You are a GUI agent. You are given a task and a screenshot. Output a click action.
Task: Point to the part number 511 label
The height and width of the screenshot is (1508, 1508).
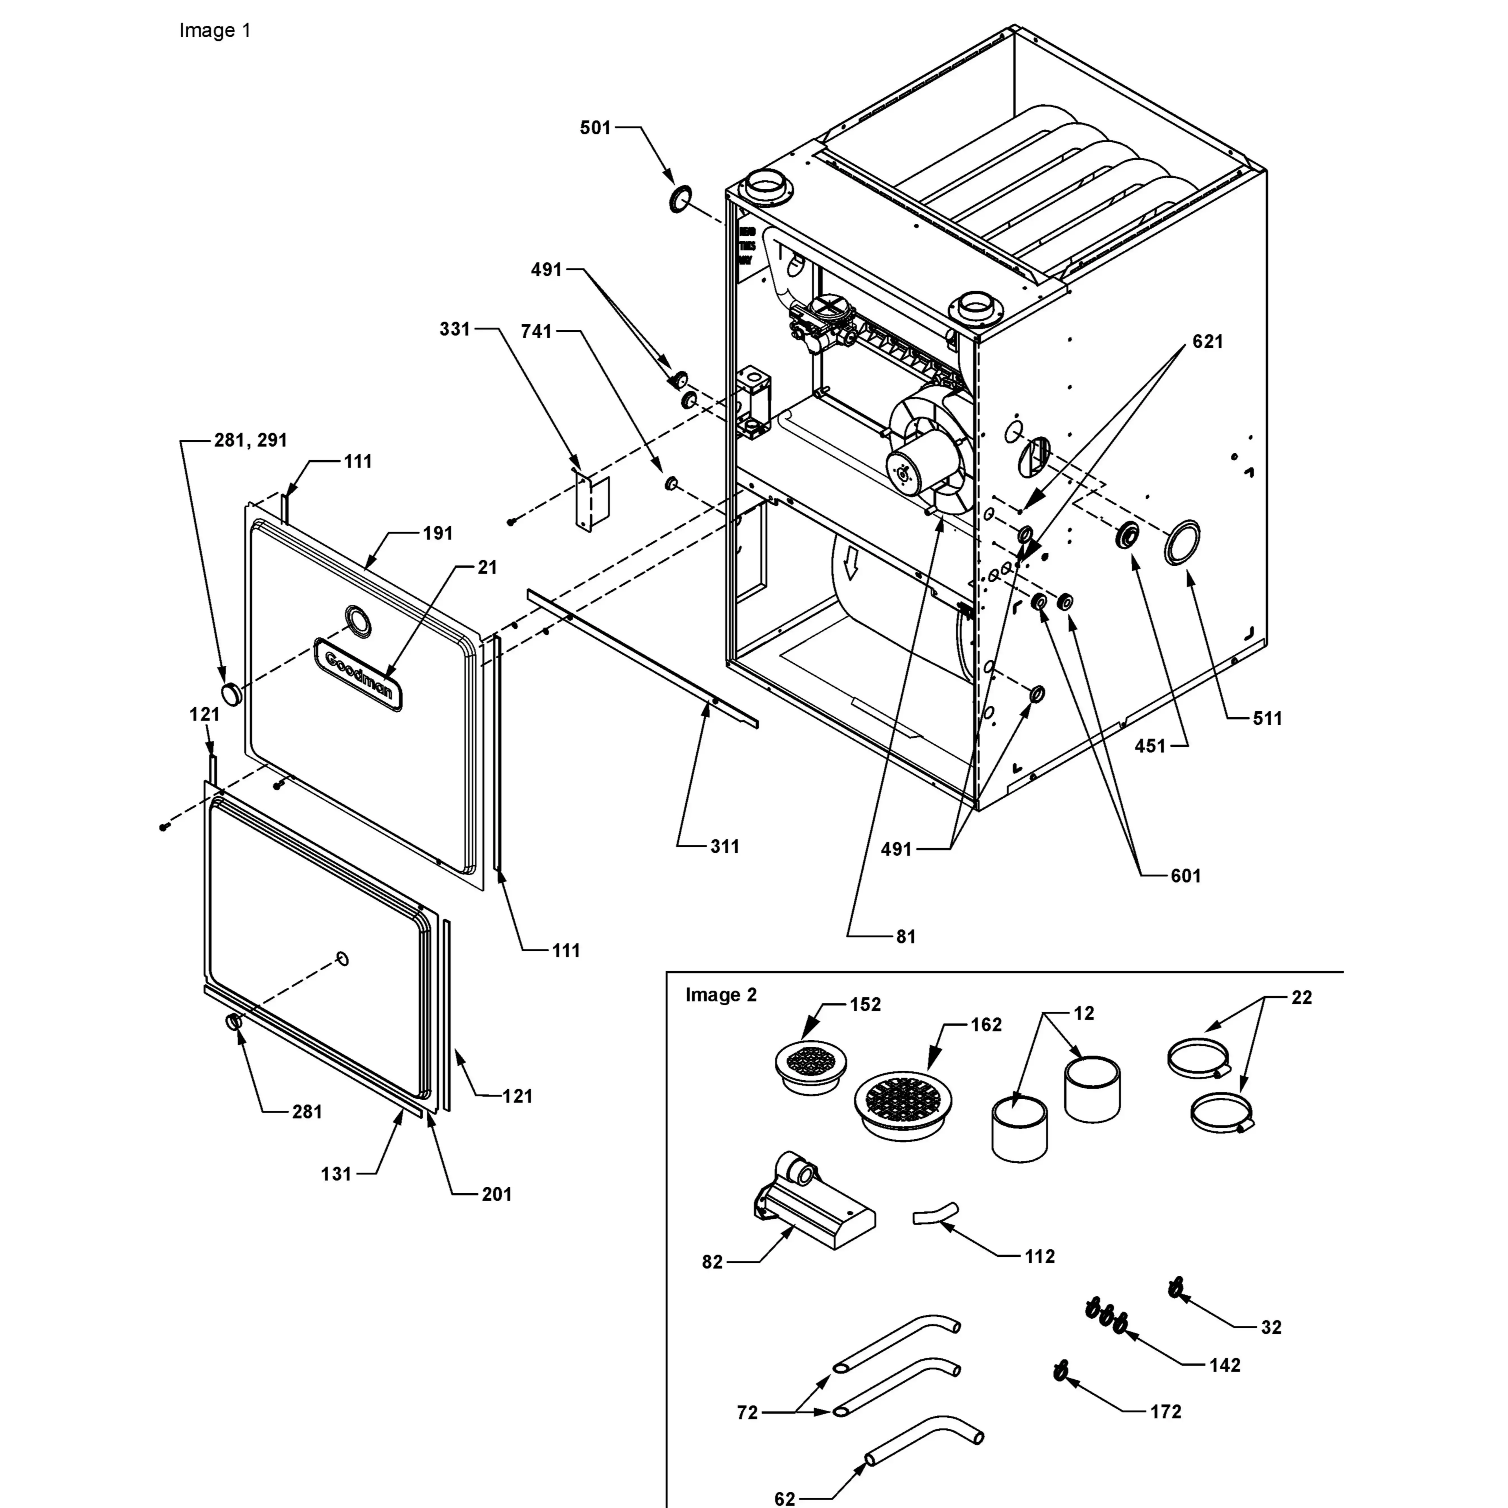coord(1267,718)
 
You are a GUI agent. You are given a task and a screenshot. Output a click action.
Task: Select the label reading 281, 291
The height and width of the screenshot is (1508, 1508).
coord(251,440)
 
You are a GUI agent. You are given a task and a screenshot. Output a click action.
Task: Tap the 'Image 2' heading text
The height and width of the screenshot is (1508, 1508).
coord(720,995)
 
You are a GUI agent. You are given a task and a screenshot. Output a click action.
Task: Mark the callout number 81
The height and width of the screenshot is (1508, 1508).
coord(905,937)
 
